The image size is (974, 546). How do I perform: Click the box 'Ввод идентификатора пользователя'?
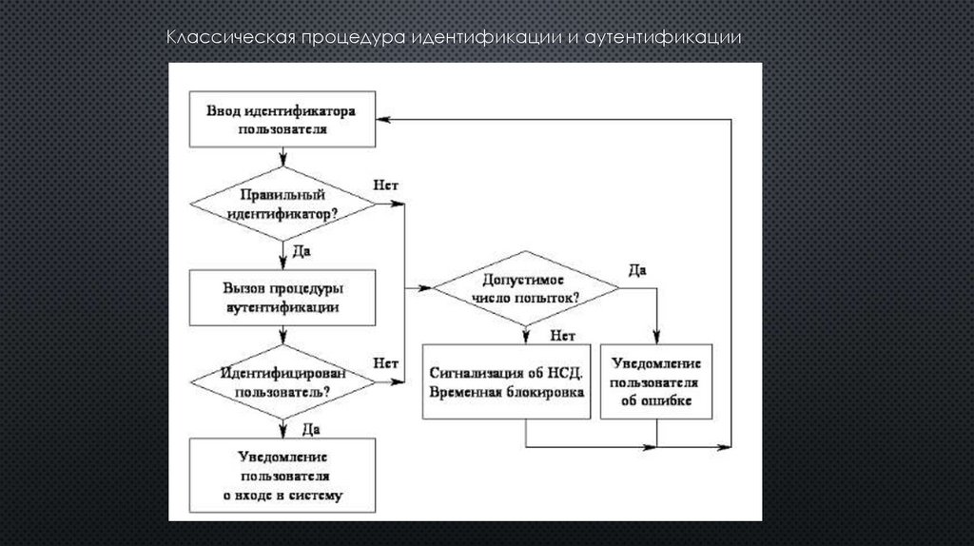282,120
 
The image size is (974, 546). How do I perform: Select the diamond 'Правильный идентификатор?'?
283,204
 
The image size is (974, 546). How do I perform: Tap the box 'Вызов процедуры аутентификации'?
282,297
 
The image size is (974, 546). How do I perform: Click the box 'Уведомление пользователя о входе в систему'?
282,476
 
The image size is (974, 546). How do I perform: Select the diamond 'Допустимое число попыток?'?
525,286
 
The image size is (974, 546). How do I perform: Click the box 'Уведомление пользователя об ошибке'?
656,381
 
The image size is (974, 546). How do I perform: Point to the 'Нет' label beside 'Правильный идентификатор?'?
386,186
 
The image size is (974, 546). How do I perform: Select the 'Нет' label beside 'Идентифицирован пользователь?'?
386,363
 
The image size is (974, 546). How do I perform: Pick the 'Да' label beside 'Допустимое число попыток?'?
637,270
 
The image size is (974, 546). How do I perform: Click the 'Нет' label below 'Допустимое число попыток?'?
561,334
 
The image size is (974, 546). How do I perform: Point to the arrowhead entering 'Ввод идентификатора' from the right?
382,120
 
